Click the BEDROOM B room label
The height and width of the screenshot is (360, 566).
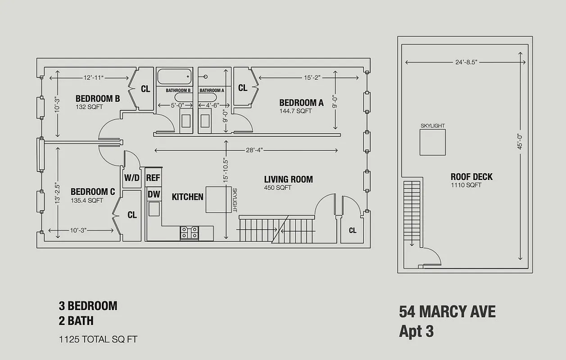point(97,99)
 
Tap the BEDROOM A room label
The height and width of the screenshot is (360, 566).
point(301,103)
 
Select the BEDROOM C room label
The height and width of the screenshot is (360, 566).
point(93,192)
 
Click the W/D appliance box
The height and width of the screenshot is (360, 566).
point(131,178)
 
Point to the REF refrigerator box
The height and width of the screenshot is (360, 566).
point(153,178)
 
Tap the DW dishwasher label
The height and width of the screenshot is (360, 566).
point(154,194)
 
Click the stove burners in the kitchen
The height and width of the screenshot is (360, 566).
point(190,232)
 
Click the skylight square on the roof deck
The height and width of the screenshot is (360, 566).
point(432,142)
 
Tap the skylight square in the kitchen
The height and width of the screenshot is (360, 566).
point(218,199)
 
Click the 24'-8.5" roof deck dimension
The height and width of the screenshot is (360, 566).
point(465,63)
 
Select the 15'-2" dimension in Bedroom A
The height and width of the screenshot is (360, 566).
point(312,78)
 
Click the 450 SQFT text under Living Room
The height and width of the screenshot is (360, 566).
point(277,188)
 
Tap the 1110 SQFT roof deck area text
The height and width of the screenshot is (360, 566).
point(466,185)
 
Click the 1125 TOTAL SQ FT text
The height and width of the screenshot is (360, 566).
point(98,339)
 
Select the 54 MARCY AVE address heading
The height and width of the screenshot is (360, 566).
point(447,312)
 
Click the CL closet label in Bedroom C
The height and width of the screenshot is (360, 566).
point(132,215)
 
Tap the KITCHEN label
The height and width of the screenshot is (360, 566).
point(187,197)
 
